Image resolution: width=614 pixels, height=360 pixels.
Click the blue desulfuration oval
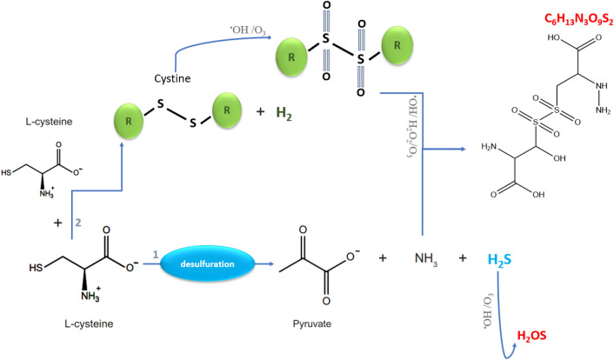point(207,260)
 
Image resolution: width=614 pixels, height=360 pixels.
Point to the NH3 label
point(424,259)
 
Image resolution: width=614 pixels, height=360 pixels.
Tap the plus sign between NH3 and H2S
point(461,259)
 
